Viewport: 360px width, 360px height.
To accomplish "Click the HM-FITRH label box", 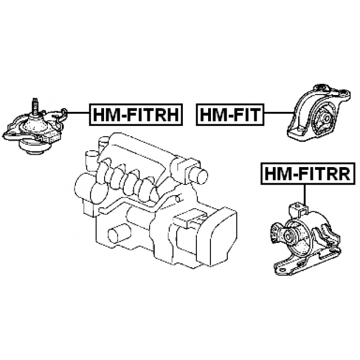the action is point(136,115).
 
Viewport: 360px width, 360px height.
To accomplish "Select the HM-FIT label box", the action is point(230,115).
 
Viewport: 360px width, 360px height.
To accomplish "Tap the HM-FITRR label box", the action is point(308,174).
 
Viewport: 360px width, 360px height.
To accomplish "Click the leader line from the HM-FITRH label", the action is point(78,112).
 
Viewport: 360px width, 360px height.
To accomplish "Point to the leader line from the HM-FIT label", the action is point(279,112).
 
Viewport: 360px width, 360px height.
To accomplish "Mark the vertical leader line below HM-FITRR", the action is point(304,195).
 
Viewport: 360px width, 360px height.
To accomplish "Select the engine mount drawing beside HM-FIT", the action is point(319,112).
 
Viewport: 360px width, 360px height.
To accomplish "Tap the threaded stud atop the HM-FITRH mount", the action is point(35,106).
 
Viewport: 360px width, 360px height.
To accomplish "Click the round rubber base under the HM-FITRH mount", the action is point(31,147).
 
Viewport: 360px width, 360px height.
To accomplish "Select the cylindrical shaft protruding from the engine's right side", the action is point(199,175).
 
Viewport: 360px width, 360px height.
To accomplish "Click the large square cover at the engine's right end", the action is point(223,237).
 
